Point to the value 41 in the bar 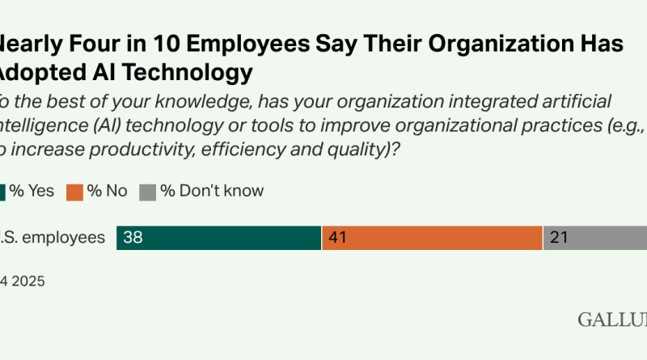tap(338, 238)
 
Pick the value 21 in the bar tap(559, 238)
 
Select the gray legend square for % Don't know tap(146, 192)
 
